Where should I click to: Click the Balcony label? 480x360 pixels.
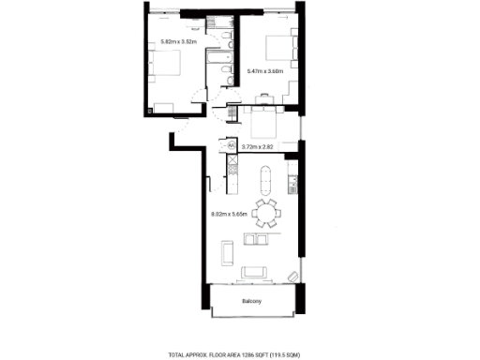point(250,300)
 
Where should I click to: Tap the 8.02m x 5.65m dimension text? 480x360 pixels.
point(230,214)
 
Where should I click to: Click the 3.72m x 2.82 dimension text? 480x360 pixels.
point(258,146)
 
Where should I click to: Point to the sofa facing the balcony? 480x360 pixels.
point(256,273)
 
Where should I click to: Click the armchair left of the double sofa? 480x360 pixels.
point(226,251)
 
